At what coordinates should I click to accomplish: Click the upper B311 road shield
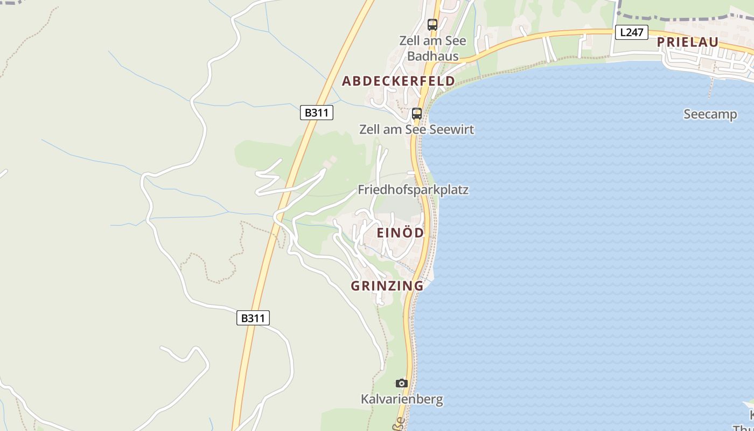tap(317, 113)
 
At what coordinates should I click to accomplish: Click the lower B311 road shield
tap(253, 318)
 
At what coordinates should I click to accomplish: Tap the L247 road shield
tap(631, 32)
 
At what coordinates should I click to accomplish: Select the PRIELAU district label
tap(688, 42)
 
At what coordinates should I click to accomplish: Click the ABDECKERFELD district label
tap(398, 81)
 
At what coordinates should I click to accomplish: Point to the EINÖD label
tap(400, 233)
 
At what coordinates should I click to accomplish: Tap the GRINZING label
tap(387, 286)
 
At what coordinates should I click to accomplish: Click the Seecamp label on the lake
tap(710, 114)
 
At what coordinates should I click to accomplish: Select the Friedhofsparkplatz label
tap(413, 190)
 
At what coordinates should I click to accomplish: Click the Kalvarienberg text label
tap(402, 399)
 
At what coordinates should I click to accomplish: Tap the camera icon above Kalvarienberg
tap(401, 384)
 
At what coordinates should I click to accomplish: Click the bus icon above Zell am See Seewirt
tap(417, 113)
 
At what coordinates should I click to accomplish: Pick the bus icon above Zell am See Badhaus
tap(432, 24)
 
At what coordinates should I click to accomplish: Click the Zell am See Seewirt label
tap(417, 129)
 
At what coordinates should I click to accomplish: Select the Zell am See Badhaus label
tap(432, 48)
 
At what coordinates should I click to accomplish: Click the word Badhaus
tap(432, 56)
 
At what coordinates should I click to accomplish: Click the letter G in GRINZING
tap(355, 286)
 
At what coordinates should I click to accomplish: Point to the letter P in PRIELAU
tap(661, 42)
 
